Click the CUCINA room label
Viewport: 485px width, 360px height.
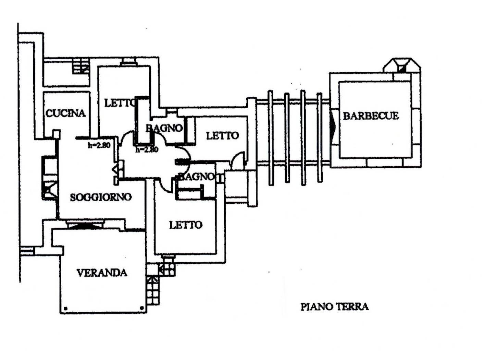pyautogui.click(x=65, y=113)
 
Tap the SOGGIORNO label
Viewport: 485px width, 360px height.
pyautogui.click(x=101, y=197)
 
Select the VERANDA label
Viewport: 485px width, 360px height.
pyautogui.click(x=102, y=273)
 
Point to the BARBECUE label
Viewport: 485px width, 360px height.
pyautogui.click(x=371, y=116)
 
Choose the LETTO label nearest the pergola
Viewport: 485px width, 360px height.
pyautogui.click(x=222, y=136)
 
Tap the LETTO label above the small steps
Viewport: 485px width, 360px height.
pyautogui.click(x=186, y=225)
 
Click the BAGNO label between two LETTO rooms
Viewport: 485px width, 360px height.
pyautogui.click(x=164, y=128)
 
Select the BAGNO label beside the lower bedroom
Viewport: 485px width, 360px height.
pyautogui.click(x=197, y=177)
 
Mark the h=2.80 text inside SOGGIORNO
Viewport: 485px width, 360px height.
pyautogui.click(x=99, y=145)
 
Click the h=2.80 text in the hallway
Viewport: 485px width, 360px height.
pyautogui.click(x=147, y=149)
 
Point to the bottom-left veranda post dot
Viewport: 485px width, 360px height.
pyautogui.click(x=66, y=308)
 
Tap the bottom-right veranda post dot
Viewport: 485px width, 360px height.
pyautogui.click(x=142, y=308)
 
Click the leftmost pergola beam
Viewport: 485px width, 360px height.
pyautogui.click(x=271, y=137)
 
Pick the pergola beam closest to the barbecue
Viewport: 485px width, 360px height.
pyautogui.click(x=320, y=137)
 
